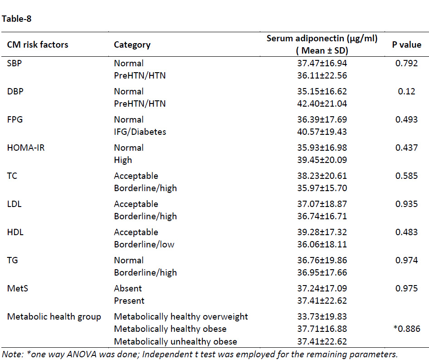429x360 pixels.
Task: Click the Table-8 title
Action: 16,19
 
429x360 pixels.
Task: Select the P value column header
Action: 407,44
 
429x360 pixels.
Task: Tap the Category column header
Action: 132,44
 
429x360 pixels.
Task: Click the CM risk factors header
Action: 38,44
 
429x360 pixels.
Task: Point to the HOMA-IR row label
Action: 26,148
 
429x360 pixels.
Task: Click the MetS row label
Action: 18,288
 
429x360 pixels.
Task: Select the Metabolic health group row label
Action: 54,317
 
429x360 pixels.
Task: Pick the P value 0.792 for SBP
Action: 407,63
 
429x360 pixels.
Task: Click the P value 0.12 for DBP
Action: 407,91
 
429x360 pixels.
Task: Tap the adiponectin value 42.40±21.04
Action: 322,104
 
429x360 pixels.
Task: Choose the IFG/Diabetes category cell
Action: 140,132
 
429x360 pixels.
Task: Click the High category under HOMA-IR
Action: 123,160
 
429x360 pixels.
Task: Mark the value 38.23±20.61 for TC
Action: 322,176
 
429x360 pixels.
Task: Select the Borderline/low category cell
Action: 144,244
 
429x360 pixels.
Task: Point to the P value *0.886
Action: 407,329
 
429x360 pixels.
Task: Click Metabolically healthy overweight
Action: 181,317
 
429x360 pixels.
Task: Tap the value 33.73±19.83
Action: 322,316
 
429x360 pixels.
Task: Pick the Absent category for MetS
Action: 128,288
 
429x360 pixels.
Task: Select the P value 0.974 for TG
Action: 407,260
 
